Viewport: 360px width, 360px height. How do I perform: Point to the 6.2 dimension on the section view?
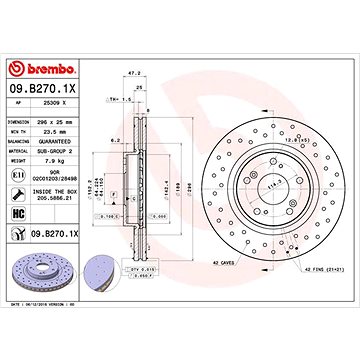pos(117,141)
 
